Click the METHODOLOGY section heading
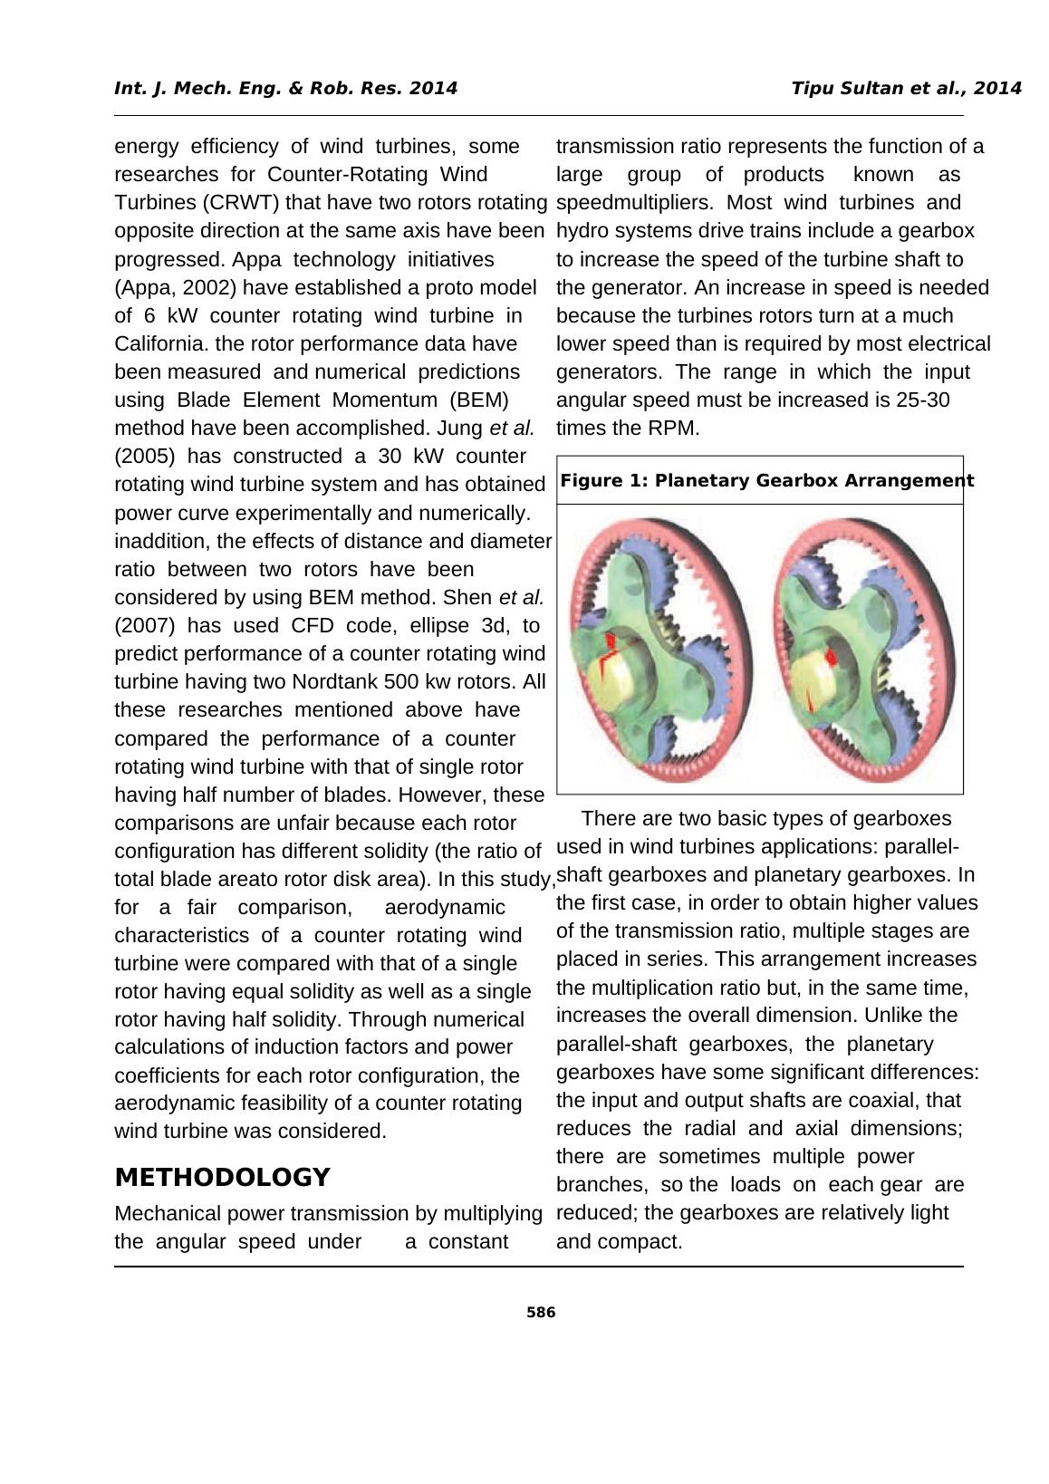222,1178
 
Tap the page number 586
541,1313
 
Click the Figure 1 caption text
766,481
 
